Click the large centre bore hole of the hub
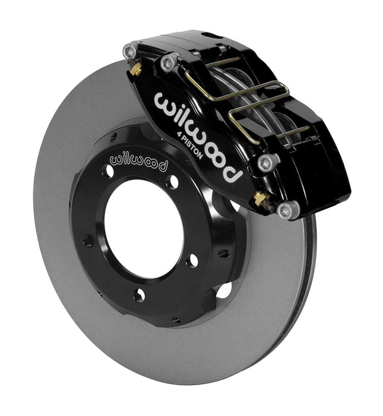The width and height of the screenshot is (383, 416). point(143,226)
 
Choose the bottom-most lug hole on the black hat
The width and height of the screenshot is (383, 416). point(138,294)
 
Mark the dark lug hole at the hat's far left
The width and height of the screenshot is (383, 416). point(88,241)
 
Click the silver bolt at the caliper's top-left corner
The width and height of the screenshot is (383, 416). point(129,52)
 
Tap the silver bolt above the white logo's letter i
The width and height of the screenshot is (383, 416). point(170,60)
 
